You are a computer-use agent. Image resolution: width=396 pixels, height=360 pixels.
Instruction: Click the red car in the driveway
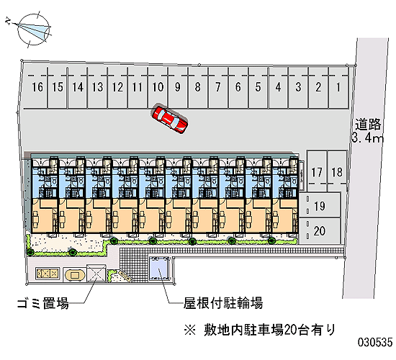169,118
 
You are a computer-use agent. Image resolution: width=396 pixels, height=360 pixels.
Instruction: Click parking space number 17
317,171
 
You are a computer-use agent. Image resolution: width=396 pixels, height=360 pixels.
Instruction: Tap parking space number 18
337,171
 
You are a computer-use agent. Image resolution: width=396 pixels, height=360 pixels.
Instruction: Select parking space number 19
320,204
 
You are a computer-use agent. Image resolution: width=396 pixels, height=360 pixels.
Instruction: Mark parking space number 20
320,231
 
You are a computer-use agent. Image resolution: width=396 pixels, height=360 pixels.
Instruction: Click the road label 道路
368,125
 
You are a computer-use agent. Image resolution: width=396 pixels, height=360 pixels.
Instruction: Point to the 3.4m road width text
367,138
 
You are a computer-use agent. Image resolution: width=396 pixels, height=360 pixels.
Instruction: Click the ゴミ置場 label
43,303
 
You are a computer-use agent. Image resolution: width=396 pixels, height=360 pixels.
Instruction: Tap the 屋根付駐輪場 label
223,303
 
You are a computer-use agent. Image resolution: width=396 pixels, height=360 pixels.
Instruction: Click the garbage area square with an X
96,273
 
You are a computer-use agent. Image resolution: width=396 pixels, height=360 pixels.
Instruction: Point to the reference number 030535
375,342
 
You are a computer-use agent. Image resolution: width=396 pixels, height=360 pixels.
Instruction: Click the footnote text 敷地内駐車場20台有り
269,330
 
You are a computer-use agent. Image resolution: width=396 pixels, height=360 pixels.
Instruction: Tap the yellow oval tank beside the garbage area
74,274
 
